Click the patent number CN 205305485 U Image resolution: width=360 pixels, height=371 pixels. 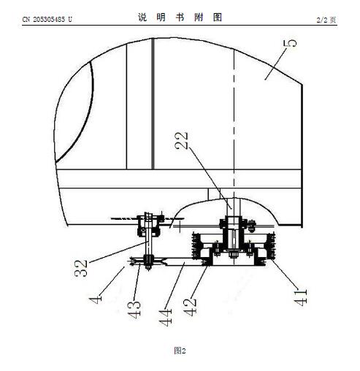(47, 19)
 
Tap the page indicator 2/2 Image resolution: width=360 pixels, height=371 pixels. (322, 20)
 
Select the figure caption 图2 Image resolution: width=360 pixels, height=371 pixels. (180, 351)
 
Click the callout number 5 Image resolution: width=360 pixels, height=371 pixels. (290, 43)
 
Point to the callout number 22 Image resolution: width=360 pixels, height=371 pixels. (182, 140)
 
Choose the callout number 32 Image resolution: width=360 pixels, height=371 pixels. (81, 268)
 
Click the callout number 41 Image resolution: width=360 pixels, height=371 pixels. (301, 297)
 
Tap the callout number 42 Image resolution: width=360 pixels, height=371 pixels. (190, 307)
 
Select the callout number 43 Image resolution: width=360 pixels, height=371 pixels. (134, 310)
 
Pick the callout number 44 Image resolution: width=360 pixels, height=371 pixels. (166, 318)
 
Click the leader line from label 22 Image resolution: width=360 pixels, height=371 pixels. (210, 178)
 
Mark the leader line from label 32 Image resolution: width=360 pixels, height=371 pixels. (119, 252)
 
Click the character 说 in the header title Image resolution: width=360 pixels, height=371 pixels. (142, 18)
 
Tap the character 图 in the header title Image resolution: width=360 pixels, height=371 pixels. (218, 18)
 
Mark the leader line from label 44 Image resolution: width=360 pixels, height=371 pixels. (175, 286)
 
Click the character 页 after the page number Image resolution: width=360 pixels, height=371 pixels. (333, 20)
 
